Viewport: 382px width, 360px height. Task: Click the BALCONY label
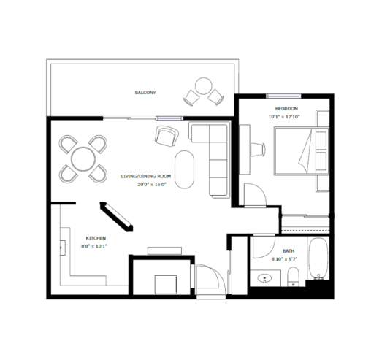(x=145, y=93)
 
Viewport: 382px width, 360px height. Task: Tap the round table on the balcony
(x=204, y=86)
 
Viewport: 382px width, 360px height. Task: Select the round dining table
(x=83, y=159)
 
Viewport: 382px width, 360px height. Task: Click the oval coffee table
(x=184, y=169)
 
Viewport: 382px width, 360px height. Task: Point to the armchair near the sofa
(x=167, y=136)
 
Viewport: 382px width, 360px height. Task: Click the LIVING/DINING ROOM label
(x=146, y=176)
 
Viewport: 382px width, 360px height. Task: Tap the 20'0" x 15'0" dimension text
(x=152, y=185)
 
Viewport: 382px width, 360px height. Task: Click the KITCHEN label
(x=96, y=238)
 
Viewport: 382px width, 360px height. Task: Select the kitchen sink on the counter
(x=63, y=248)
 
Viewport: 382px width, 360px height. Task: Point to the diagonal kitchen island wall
(x=116, y=217)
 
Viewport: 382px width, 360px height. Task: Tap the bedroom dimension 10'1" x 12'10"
(x=284, y=117)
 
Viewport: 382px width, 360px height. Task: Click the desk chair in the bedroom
(x=258, y=149)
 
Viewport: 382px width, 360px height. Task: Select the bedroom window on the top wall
(x=283, y=96)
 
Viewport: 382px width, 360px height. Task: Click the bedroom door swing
(x=255, y=195)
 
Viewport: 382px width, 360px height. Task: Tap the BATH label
(x=289, y=251)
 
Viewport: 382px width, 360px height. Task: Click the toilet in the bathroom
(x=293, y=277)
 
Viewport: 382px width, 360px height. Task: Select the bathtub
(x=318, y=258)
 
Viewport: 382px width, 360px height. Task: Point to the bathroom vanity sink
(x=264, y=278)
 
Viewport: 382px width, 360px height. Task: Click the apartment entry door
(x=211, y=279)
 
